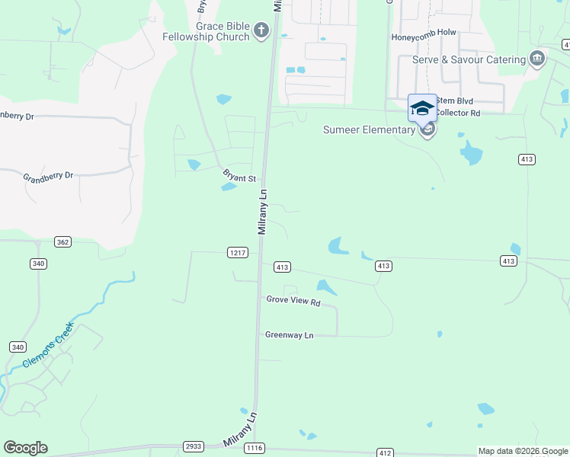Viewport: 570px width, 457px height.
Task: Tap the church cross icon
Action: tap(261, 30)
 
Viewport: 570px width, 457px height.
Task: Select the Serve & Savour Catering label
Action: tap(469, 59)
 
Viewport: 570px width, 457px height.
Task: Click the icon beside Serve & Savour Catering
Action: tap(537, 59)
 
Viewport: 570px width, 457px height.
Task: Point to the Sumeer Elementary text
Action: tap(368, 129)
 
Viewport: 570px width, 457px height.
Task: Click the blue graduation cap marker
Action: tap(422, 108)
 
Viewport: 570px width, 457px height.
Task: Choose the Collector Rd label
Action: tap(459, 113)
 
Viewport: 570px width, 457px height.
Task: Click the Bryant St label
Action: tap(239, 177)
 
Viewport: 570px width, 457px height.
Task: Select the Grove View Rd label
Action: tap(293, 301)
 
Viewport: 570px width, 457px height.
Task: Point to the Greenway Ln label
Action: tap(290, 334)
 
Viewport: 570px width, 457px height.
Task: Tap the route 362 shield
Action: tap(63, 241)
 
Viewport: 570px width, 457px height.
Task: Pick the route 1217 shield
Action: tap(238, 252)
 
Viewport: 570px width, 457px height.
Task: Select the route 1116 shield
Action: tap(255, 448)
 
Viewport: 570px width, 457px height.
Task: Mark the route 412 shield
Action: tap(385, 453)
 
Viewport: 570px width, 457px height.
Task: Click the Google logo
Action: tap(25, 448)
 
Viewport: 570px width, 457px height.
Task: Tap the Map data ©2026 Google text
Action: tap(523, 451)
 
